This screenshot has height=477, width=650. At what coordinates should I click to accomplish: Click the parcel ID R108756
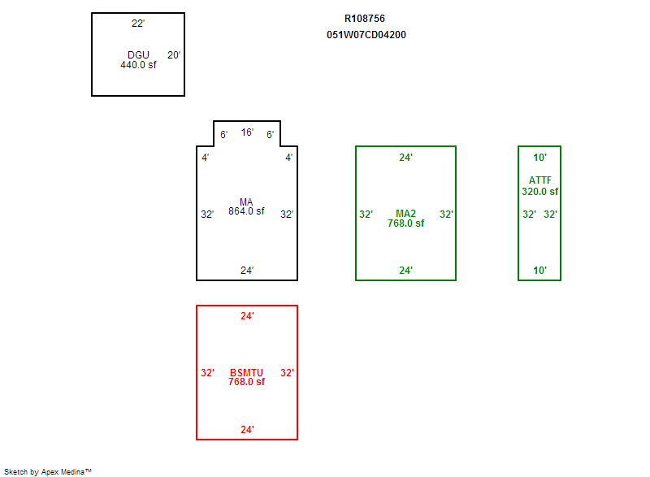tap(364, 19)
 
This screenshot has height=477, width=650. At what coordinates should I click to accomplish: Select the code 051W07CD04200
tap(366, 35)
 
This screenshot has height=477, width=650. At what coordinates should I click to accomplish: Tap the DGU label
tap(138, 54)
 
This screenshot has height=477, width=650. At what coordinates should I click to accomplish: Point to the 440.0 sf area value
tap(138, 65)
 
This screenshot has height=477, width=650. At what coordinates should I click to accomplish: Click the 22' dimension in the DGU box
tap(138, 24)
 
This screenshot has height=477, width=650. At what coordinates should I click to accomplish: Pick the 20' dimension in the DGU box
tap(174, 55)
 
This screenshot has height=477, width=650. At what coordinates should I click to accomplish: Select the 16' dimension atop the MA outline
tap(247, 132)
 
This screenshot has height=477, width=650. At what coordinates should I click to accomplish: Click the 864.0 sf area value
tap(246, 211)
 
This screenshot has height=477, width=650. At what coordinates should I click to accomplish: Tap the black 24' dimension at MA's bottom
tap(247, 271)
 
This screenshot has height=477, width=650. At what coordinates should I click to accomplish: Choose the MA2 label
tap(405, 214)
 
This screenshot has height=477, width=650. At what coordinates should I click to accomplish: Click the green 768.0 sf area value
tap(405, 223)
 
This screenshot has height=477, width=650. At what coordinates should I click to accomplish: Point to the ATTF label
tap(540, 180)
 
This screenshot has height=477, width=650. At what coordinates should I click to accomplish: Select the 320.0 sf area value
tap(540, 192)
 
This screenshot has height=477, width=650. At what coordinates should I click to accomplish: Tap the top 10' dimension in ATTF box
tap(539, 158)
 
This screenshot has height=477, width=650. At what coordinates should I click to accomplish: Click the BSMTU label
tap(246, 372)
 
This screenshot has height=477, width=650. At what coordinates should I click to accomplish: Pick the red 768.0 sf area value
tap(246, 382)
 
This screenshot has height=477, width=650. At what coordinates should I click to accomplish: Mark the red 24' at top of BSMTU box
tap(247, 316)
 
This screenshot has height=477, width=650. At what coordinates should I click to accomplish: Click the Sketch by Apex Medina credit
tap(48, 471)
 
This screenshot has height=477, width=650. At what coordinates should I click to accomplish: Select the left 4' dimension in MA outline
tap(206, 158)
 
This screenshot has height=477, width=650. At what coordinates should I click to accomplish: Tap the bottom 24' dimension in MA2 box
tap(405, 271)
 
